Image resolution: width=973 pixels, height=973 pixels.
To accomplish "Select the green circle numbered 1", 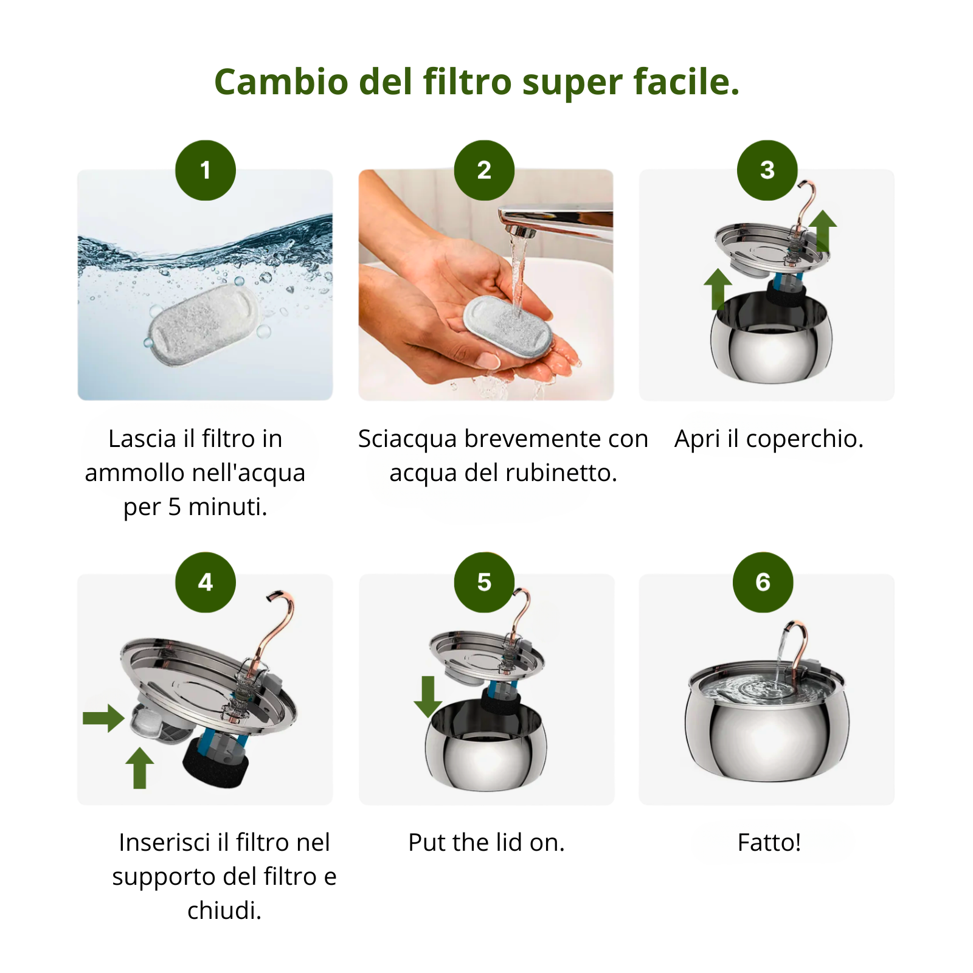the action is pyautogui.click(x=206, y=170).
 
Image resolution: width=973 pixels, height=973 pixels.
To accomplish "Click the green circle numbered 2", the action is pyautogui.click(x=484, y=170).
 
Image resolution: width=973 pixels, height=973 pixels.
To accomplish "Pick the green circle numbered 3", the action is pyautogui.click(x=767, y=170).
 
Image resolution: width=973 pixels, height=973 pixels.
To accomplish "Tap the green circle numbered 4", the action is pyautogui.click(x=206, y=583).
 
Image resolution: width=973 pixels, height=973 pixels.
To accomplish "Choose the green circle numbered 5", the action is pyautogui.click(x=484, y=583).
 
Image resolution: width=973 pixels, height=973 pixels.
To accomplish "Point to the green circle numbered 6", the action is pyautogui.click(x=763, y=583).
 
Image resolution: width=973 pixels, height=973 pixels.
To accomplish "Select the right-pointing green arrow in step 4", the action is pyautogui.click(x=103, y=718).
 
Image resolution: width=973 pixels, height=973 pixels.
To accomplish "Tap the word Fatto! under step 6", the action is pyautogui.click(x=769, y=843).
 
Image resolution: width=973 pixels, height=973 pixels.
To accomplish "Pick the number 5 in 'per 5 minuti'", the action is pyautogui.click(x=175, y=507).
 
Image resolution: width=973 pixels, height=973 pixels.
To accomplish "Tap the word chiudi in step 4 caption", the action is pyautogui.click(x=224, y=911).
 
